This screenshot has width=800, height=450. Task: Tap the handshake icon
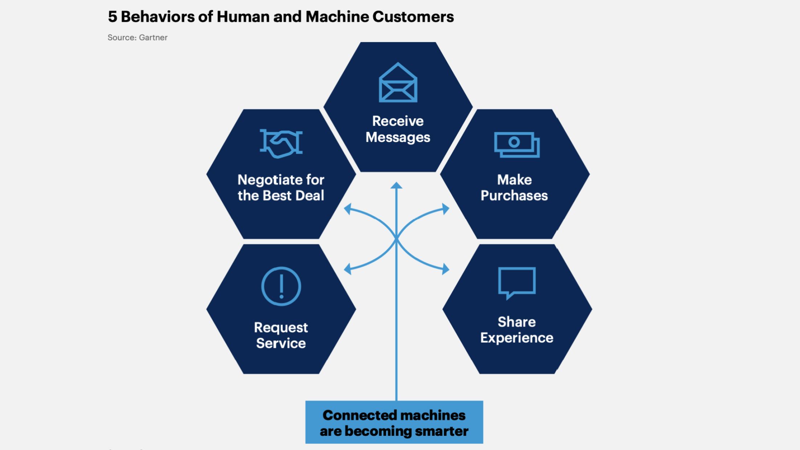click(x=281, y=143)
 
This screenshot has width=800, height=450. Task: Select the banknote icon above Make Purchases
click(x=517, y=144)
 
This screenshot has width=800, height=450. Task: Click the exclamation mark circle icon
click(x=281, y=286)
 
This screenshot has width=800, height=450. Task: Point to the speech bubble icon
click(x=517, y=283)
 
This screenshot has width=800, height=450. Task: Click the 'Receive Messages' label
click(x=398, y=129)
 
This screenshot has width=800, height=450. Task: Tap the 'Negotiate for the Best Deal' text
click(x=281, y=188)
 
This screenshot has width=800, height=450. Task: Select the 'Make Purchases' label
click(x=514, y=188)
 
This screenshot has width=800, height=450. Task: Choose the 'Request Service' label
click(x=281, y=335)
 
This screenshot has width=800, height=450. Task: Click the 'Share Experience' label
click(x=517, y=330)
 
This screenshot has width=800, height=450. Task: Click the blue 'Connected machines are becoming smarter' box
click(x=394, y=422)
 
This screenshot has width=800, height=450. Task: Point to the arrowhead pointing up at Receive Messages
click(x=396, y=185)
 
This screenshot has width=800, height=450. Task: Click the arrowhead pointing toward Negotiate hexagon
click(x=348, y=209)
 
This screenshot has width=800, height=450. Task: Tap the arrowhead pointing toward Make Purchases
click(x=445, y=209)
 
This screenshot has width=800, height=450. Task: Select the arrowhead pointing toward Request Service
click(x=348, y=269)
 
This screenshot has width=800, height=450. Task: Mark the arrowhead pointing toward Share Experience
click(x=445, y=269)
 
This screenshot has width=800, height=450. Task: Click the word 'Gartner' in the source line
click(x=153, y=37)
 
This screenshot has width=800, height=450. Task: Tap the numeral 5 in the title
click(x=113, y=17)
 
